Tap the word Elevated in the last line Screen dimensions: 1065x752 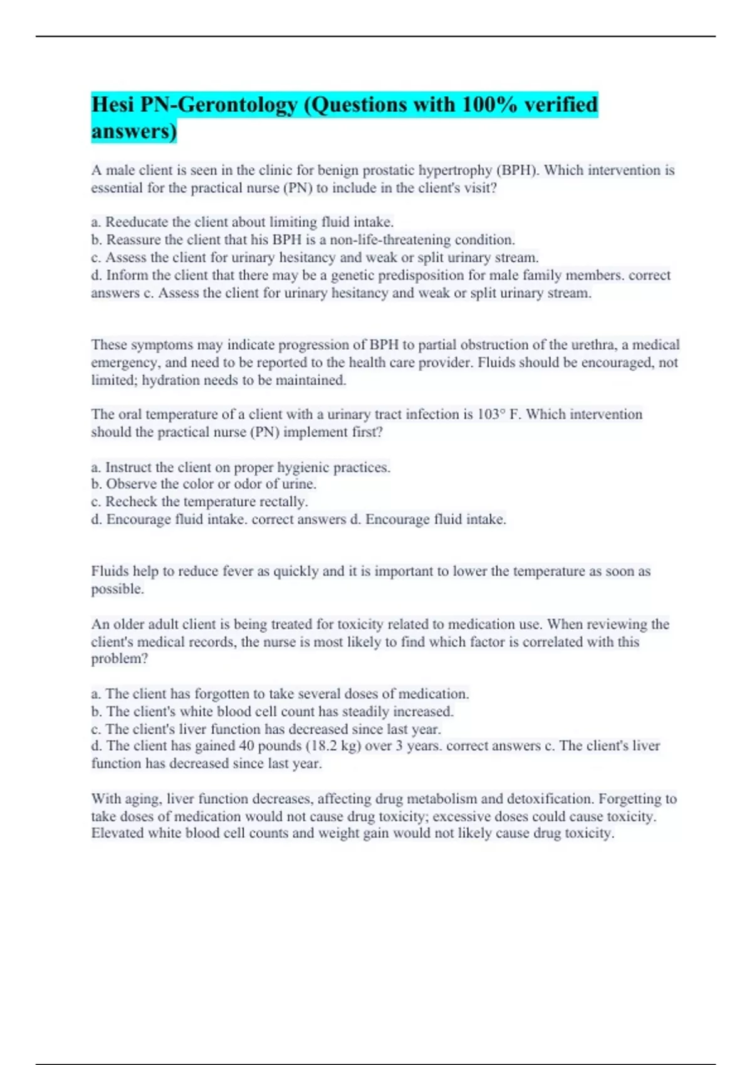(117, 833)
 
